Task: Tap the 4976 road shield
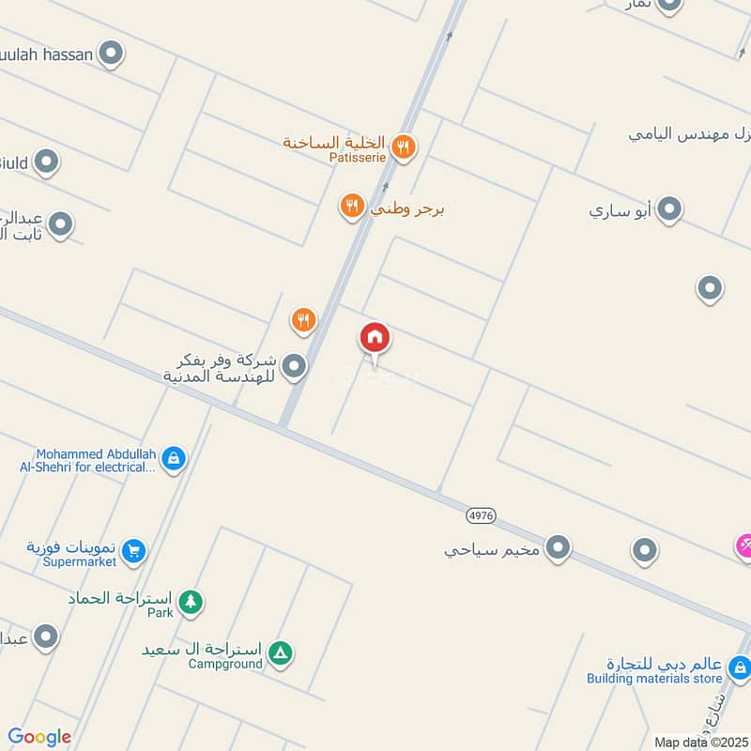(481, 514)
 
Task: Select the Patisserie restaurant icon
(405, 146)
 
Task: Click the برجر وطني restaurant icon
(352, 207)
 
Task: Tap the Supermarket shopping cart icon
(134, 551)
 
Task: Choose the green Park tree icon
(191, 602)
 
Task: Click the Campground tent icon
(280, 652)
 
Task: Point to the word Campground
(225, 664)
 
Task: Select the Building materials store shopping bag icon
(740, 669)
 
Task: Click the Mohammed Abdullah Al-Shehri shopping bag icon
(173, 459)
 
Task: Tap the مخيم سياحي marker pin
(559, 548)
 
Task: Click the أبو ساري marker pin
(668, 209)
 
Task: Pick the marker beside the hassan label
(112, 54)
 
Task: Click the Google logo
(39, 737)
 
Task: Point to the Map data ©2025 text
(701, 742)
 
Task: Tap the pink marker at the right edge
(743, 545)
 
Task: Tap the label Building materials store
(654, 679)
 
